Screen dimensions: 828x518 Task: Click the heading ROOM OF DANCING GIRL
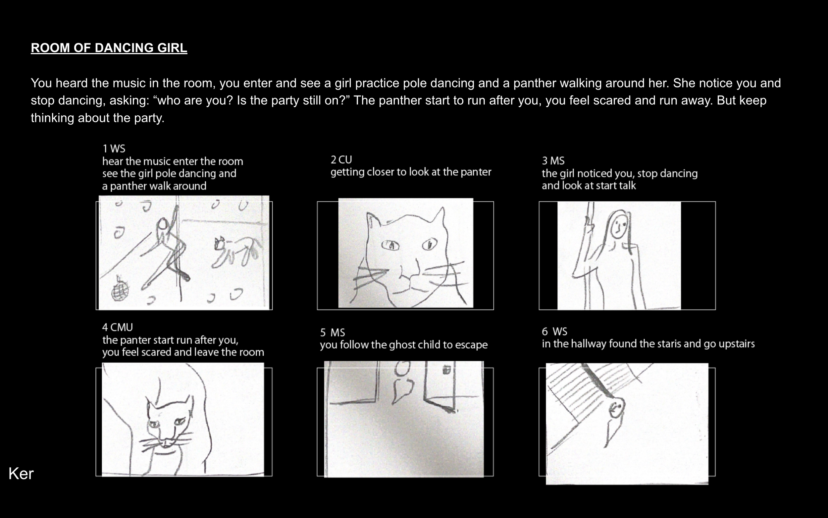pos(109,48)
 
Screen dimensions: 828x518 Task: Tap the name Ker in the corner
pos(21,474)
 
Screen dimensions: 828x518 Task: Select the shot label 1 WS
pos(114,149)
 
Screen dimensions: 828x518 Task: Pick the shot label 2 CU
pos(341,160)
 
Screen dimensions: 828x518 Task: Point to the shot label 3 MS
pos(553,161)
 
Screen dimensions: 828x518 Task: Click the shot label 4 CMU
pos(117,327)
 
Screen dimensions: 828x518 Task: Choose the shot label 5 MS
pos(333,333)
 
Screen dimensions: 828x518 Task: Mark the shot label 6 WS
pos(554,332)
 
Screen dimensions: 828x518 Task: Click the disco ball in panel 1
pos(120,288)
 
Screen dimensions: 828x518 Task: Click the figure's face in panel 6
pos(616,408)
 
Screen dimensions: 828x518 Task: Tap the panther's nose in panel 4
pos(166,444)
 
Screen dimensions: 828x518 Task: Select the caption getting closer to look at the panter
pos(411,172)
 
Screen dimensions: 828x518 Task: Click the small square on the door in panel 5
pos(446,370)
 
